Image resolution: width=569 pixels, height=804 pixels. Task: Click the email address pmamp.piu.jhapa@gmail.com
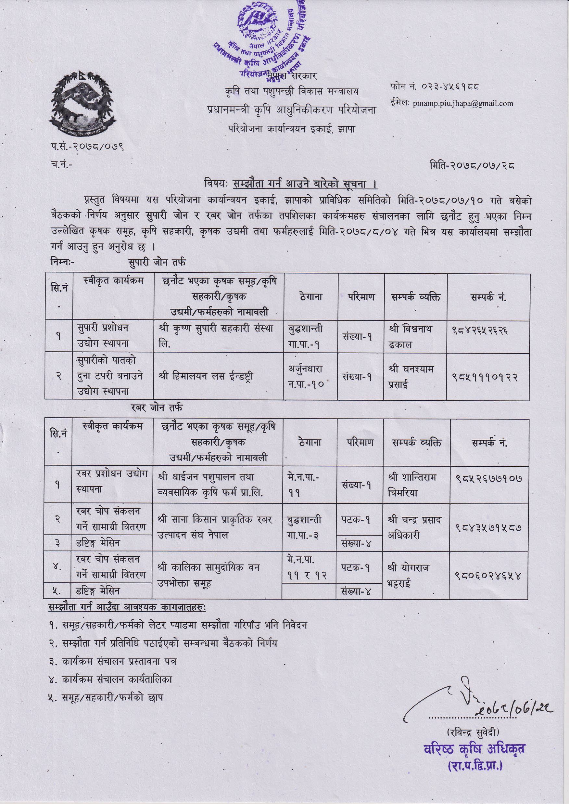[x=462, y=103]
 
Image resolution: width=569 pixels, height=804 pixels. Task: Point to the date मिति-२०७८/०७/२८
[x=472, y=165]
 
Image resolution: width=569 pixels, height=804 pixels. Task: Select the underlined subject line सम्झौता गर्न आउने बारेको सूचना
[x=300, y=184]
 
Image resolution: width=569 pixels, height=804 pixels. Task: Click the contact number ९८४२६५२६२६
[x=479, y=330]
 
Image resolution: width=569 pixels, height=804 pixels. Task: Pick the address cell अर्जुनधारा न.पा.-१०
[x=306, y=377]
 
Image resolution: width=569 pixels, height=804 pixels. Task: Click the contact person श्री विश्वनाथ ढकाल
[x=411, y=336]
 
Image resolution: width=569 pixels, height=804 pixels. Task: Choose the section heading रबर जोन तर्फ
[x=157, y=408]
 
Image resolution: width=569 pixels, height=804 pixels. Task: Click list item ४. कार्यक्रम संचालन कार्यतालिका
[x=111, y=680]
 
